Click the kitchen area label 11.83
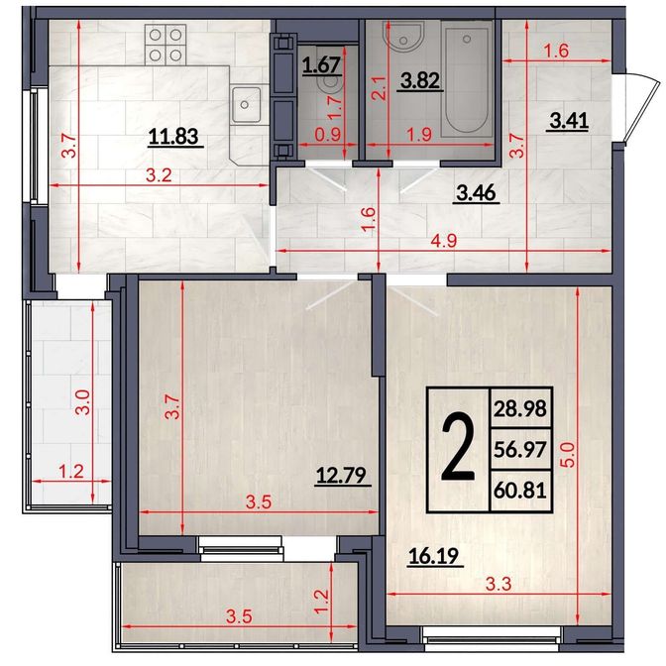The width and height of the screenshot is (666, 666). click(173, 137)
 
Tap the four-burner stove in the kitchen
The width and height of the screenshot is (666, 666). click(166, 45)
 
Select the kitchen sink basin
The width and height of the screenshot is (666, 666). click(246, 104)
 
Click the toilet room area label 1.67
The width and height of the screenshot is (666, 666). click(321, 65)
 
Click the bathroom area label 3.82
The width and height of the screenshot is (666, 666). click(420, 80)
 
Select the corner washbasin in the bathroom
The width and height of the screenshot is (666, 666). click(403, 38)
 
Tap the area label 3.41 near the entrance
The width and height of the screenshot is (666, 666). click(569, 121)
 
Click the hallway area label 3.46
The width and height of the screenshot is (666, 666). click(476, 193)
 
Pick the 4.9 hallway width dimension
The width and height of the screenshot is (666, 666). click(443, 241)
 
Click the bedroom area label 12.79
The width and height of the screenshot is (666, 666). click(341, 476)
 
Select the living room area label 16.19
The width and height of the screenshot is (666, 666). click(434, 556)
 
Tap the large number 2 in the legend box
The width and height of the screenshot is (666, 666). click(458, 449)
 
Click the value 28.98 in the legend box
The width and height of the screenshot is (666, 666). click(520, 408)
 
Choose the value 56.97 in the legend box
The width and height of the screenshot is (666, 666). click(520, 449)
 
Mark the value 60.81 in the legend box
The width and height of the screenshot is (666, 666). click(520, 491)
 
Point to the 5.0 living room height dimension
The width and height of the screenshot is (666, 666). click(568, 455)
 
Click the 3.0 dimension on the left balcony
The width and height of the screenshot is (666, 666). click(83, 402)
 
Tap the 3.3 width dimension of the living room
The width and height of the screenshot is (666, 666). click(499, 585)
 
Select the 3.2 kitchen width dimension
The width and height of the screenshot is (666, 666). click(159, 175)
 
